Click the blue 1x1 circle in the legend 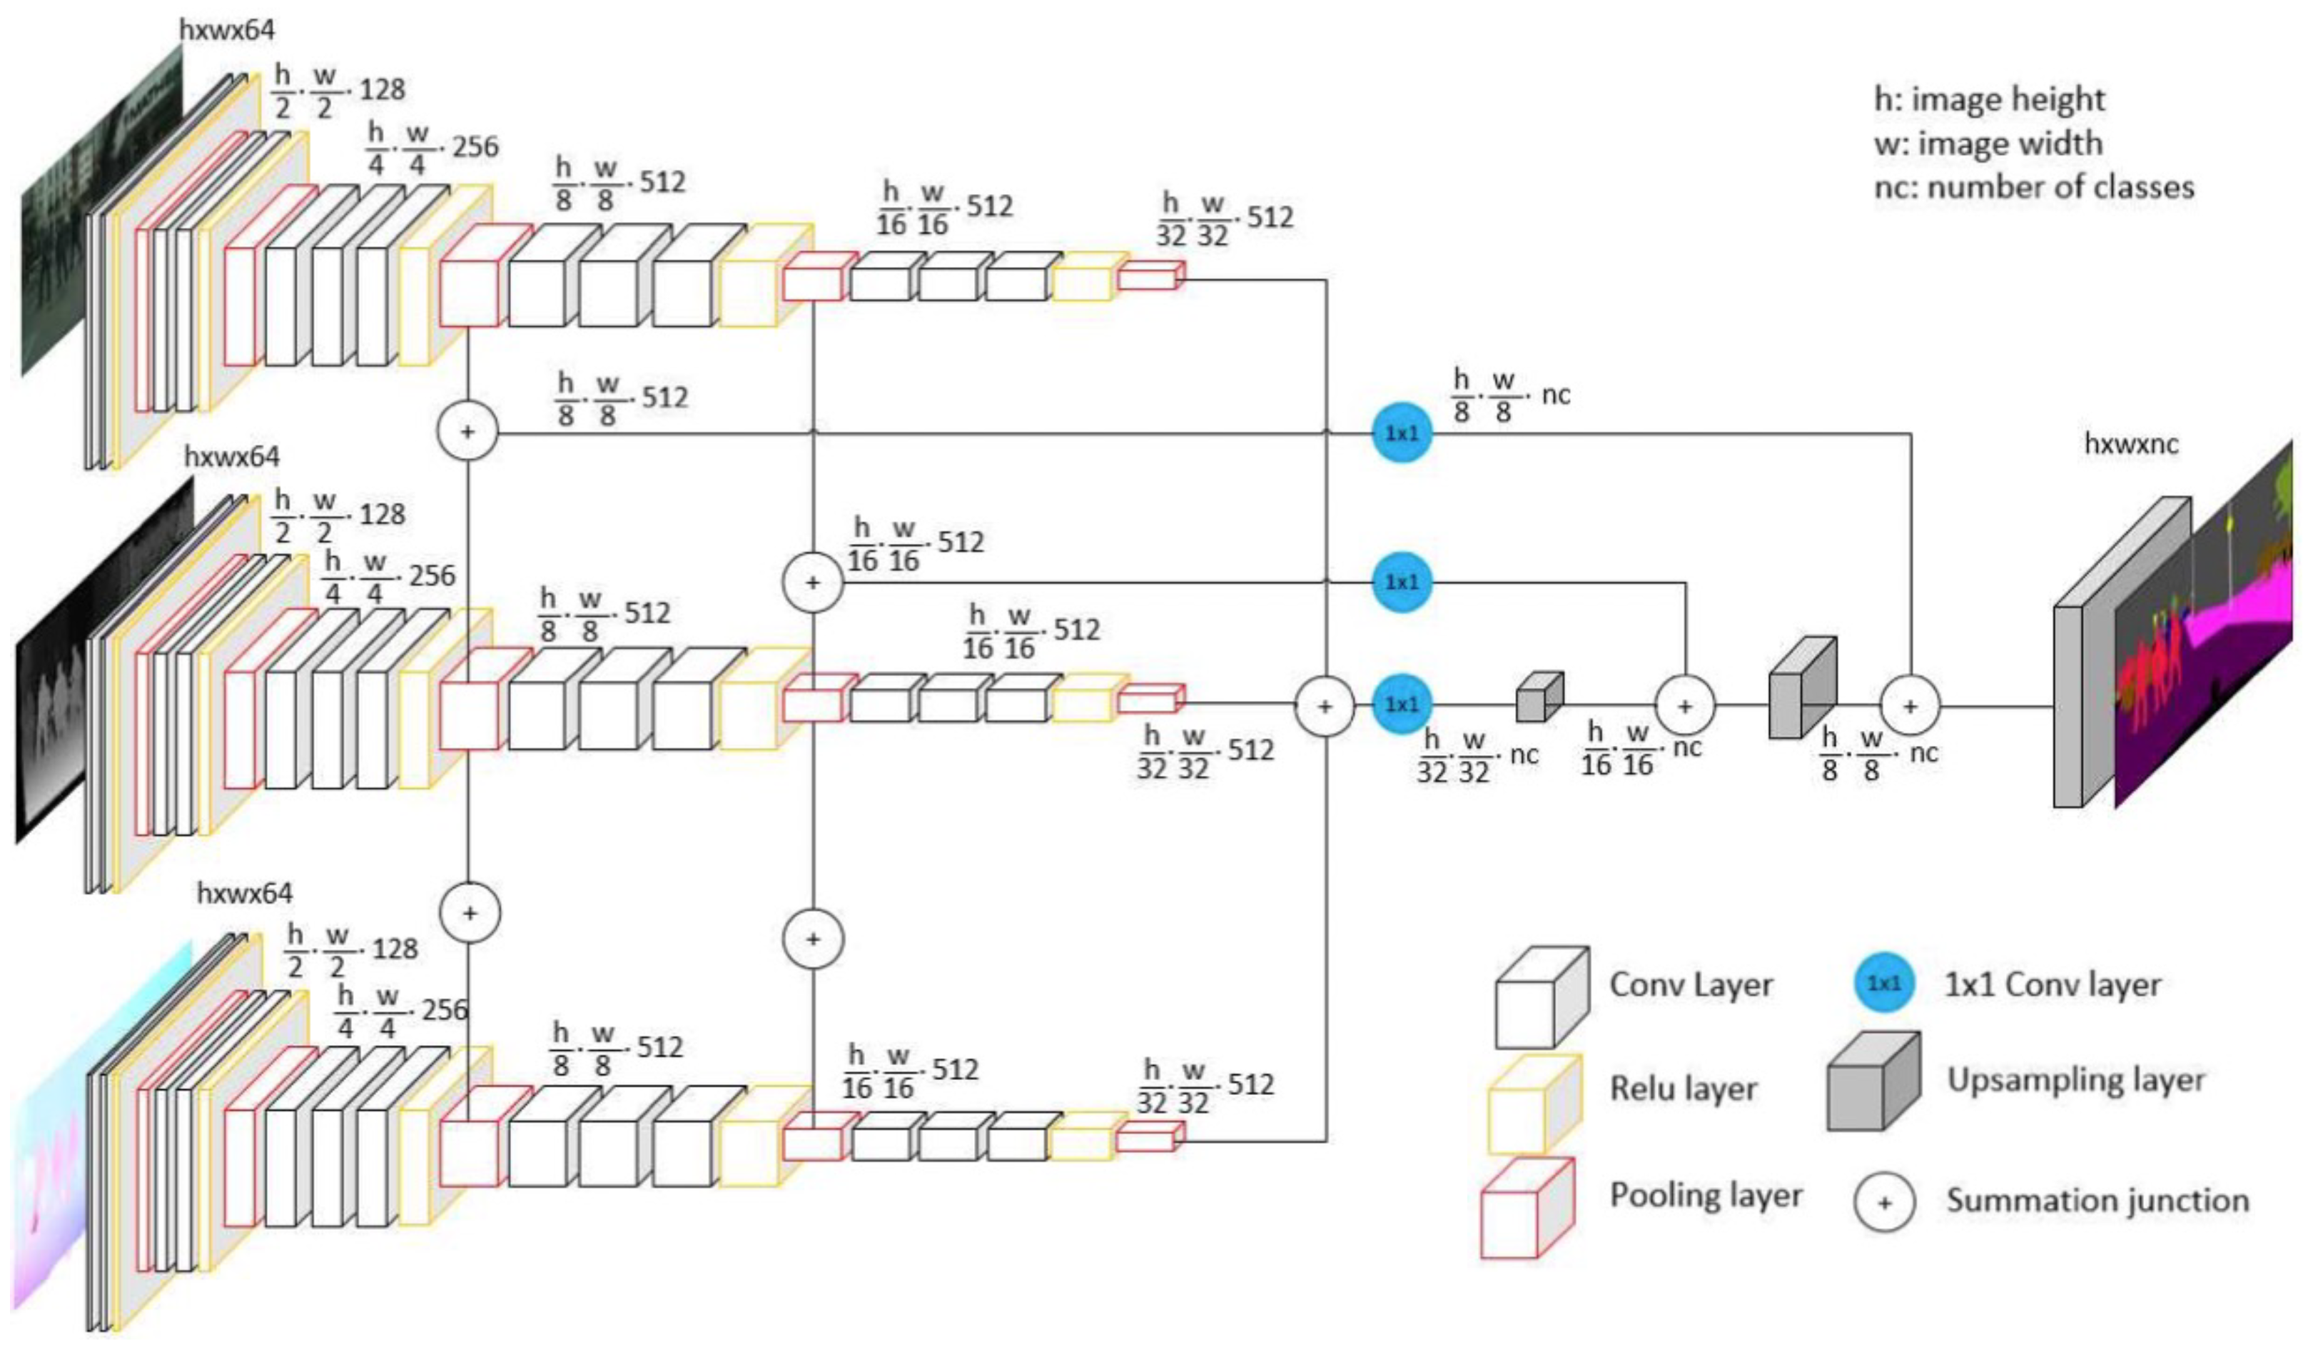1884,983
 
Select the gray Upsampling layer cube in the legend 1873,1083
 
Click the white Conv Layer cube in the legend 1541,999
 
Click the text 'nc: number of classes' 2033,187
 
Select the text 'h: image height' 1989,99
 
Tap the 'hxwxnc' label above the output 2130,443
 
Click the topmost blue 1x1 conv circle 1402,433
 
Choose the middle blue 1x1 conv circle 1402,582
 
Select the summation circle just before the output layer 1910,706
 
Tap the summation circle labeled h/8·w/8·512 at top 467,431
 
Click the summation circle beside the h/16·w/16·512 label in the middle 812,582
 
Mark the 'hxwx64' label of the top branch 226,29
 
